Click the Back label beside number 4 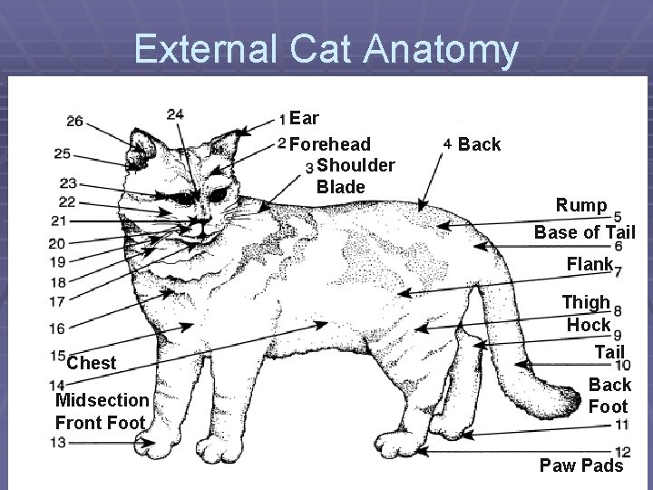point(479,144)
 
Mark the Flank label point(589,265)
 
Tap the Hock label point(589,324)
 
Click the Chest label point(91,363)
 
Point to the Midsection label point(102,400)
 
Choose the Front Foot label point(100,422)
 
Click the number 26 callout point(74,121)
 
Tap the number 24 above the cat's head point(176,113)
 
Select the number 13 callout point(57,442)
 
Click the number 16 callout point(57,328)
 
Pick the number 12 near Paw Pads point(622,452)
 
